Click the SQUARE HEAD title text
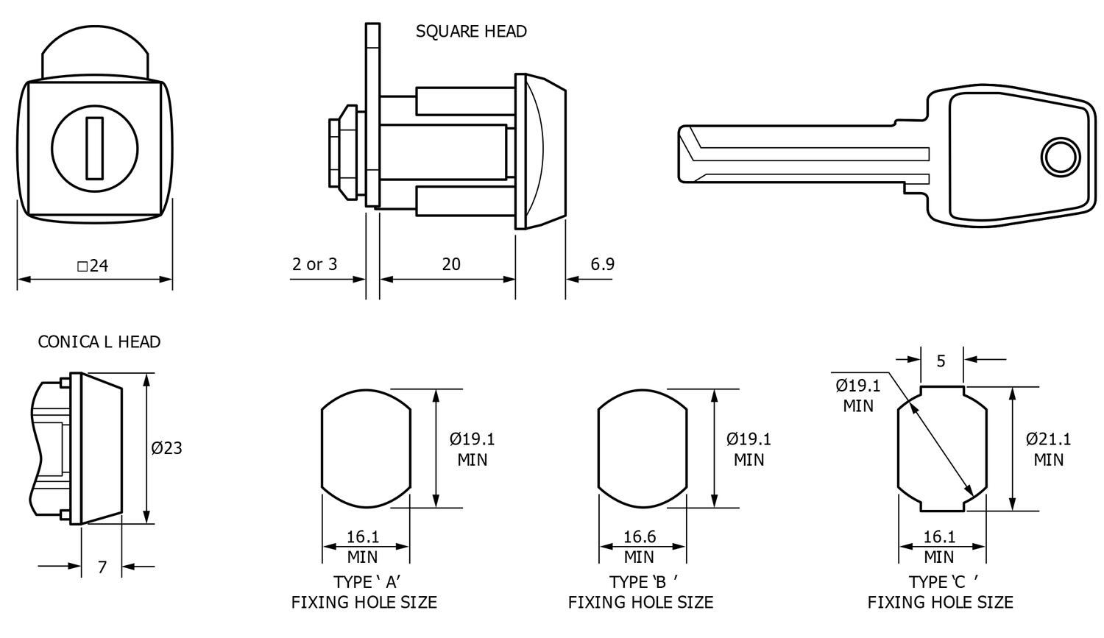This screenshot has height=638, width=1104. [x=471, y=32]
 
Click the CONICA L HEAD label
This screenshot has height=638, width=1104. [x=99, y=341]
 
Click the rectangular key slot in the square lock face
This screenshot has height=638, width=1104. [x=94, y=147]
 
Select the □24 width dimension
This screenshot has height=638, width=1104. [x=93, y=266]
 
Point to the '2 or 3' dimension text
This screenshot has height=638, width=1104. [x=314, y=264]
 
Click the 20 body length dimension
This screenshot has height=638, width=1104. [x=451, y=264]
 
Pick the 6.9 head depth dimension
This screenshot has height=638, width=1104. [x=602, y=264]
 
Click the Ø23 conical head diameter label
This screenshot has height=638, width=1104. [x=167, y=447]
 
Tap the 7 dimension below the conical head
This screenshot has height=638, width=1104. [x=102, y=567]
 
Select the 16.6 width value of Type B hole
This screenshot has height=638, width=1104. [x=639, y=537]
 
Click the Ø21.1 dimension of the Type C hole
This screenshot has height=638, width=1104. [x=1048, y=439]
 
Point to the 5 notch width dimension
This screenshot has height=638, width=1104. [x=941, y=361]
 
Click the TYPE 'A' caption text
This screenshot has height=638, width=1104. [x=366, y=582]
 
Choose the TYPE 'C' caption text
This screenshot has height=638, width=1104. [x=942, y=582]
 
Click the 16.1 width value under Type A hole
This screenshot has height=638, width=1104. [x=363, y=537]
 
